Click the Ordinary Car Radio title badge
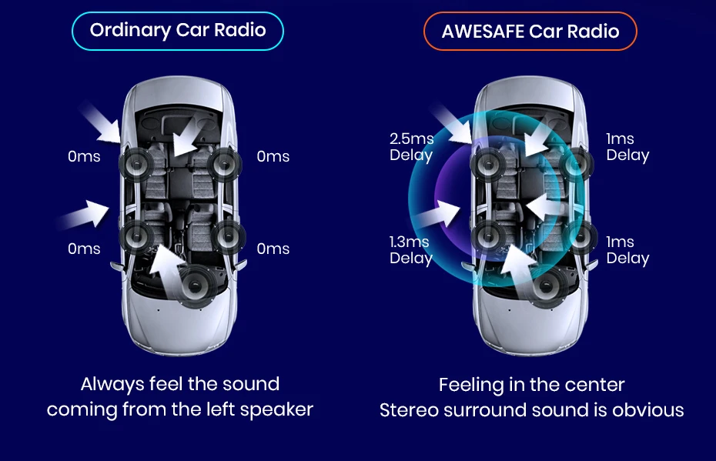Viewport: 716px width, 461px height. click(x=178, y=31)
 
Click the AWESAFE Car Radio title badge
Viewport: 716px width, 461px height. click(x=530, y=32)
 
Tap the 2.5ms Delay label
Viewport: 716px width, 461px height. click(x=411, y=147)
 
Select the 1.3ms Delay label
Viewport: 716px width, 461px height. click(x=410, y=250)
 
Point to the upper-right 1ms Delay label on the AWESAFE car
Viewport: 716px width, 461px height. click(x=627, y=147)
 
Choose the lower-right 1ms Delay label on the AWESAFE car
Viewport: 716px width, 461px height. click(x=627, y=250)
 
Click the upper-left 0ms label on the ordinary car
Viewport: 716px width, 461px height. click(x=84, y=157)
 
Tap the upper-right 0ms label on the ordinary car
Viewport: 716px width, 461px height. click(x=273, y=157)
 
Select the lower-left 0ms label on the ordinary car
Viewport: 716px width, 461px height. click(x=84, y=249)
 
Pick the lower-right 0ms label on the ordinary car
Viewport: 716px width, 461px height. click(x=273, y=249)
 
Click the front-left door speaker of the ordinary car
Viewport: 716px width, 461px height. click(x=138, y=164)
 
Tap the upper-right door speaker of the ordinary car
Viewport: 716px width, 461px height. click(x=223, y=164)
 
